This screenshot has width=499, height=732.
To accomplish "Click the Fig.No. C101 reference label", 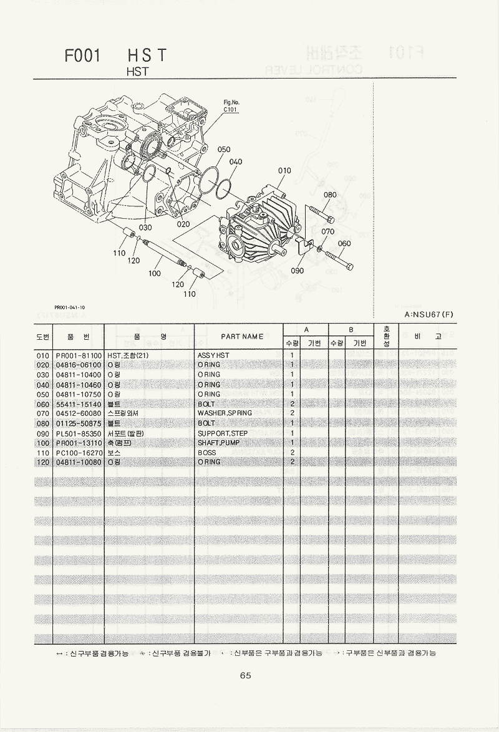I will pos(231,107).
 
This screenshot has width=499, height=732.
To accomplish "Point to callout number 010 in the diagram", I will pos(284,170).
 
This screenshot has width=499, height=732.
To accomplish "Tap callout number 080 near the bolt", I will pos(330,195).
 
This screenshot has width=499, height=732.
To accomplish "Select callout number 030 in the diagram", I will pos(145,228).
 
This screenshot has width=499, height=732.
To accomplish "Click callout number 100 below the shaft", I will pos(155,273).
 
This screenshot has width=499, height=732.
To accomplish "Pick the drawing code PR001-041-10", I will pos(70,307).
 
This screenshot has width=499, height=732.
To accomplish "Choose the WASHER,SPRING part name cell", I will pos(225,413).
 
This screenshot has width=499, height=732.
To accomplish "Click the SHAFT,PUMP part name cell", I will pos(218,443).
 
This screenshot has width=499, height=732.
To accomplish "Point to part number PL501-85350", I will pos(78,433).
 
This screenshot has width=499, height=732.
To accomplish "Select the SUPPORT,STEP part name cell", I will pos(223,433).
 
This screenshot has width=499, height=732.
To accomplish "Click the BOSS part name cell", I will pos(206,452).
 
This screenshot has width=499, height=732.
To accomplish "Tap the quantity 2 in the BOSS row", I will pos(292,452).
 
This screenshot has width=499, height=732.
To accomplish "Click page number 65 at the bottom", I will pos(245,675).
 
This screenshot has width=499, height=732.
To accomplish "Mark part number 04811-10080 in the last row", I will pos(78,462).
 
